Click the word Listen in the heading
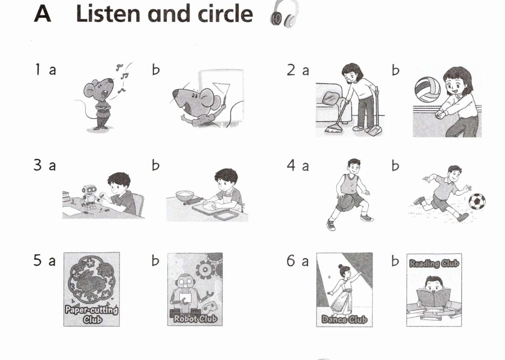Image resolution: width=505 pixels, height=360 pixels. (x=108, y=13)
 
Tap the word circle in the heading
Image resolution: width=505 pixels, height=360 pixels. (x=225, y=13)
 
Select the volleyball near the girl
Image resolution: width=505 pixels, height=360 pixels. (x=427, y=89)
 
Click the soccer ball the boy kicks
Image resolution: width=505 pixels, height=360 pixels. (x=477, y=201)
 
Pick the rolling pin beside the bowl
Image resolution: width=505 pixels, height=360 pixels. (x=194, y=201)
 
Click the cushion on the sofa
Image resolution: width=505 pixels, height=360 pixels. (x=331, y=98)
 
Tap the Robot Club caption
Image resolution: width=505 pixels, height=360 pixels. (x=195, y=319)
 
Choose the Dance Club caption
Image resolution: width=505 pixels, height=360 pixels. (x=344, y=319)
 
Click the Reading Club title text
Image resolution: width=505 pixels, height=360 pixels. (x=434, y=263)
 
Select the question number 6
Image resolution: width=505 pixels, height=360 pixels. (x=291, y=261)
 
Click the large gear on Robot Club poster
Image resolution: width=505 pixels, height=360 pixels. (x=205, y=269)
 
